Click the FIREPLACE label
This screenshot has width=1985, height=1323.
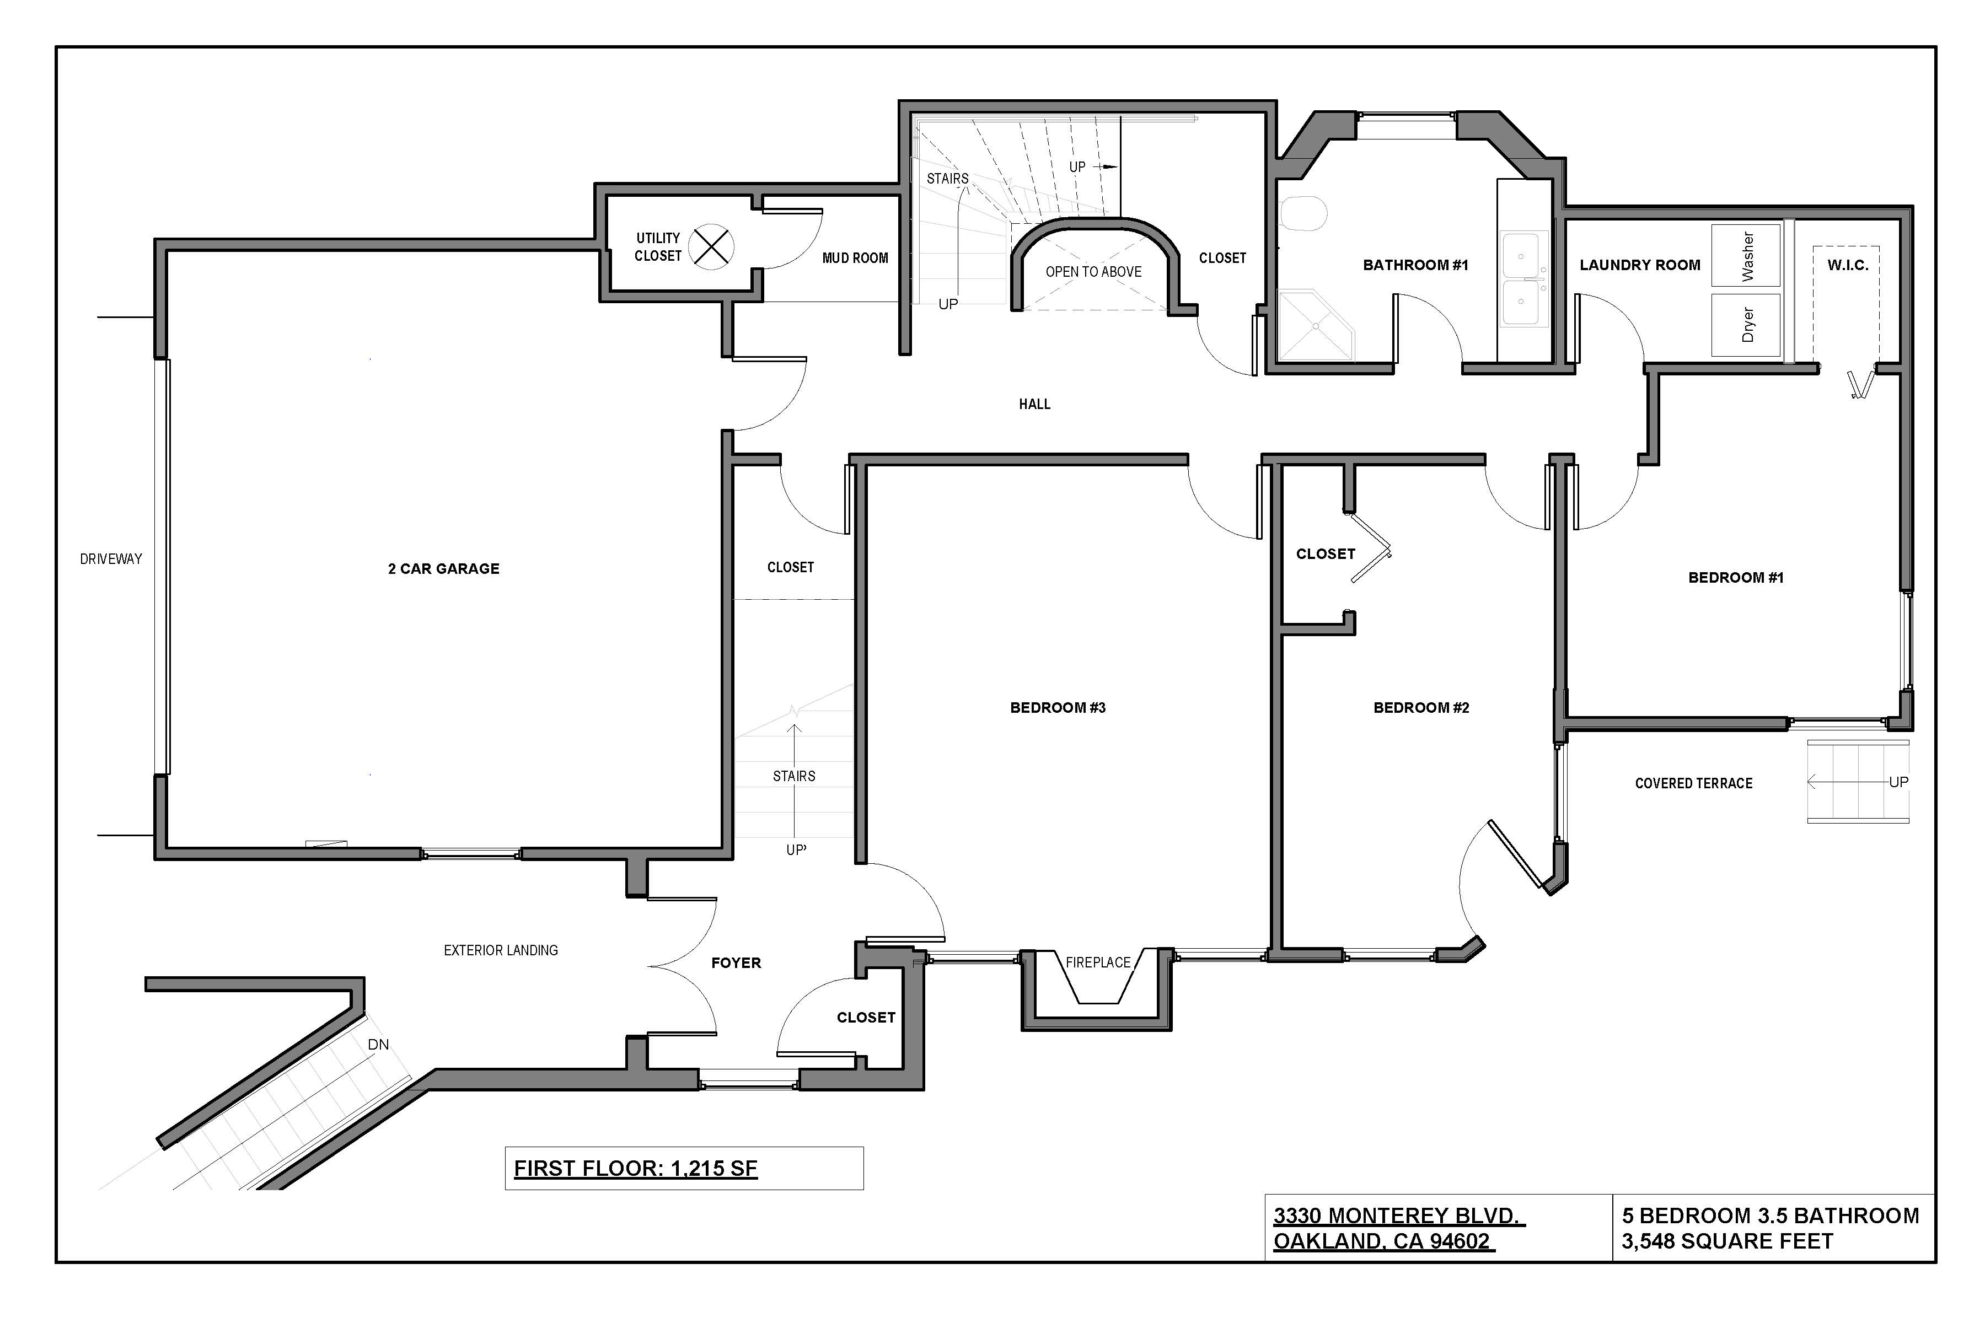pos(1097,962)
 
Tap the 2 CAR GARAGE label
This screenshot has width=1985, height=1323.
pos(443,569)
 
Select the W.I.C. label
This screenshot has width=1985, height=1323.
pos(1848,265)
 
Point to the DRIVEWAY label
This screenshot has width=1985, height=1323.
pos(111,558)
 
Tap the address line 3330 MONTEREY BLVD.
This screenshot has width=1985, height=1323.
pos(1398,1216)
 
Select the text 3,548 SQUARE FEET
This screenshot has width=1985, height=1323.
pos(1727,1241)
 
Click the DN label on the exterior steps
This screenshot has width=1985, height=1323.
pos(378,1045)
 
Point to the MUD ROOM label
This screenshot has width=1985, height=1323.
pos(855,258)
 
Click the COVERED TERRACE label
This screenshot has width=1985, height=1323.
pos(1693,783)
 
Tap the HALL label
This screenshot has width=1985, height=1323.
pos(1034,404)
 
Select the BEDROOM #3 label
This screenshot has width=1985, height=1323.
pos(1058,708)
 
